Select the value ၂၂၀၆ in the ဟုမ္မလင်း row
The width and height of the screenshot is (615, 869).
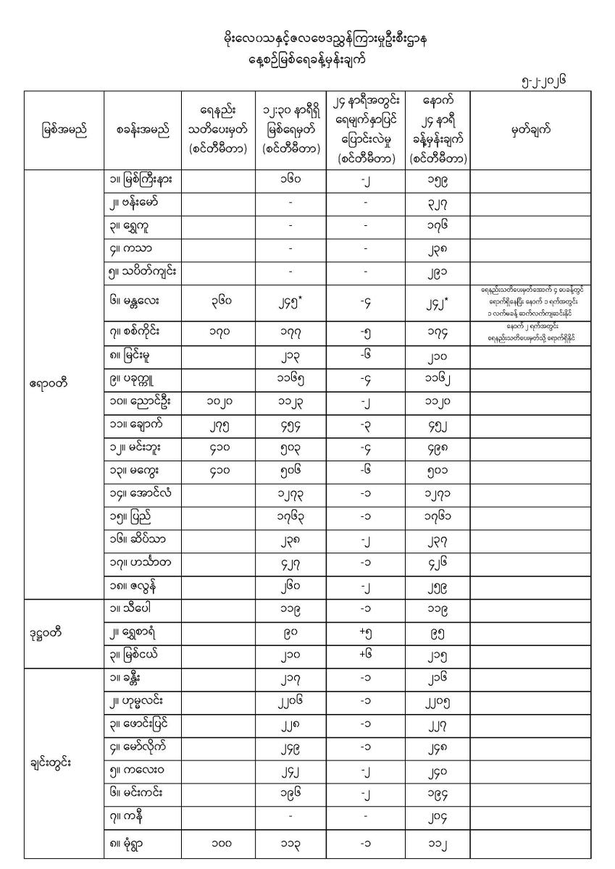[x=289, y=706]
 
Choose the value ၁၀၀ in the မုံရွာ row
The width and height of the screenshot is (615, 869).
[x=218, y=843]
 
